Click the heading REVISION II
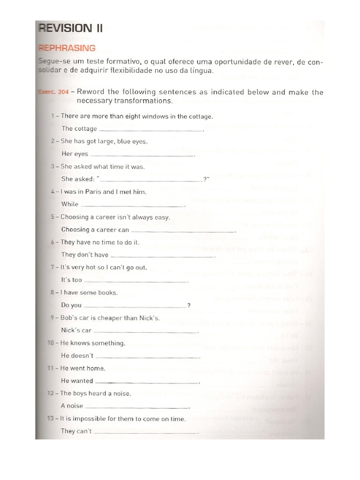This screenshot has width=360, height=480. coord(70,28)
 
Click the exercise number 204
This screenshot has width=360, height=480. coord(64,92)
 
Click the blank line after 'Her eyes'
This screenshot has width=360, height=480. coord(142,155)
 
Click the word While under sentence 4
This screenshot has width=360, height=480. coord(70,204)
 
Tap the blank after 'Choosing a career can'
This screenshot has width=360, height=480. coord(183,231)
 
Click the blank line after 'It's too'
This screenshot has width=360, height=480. coord(136,281)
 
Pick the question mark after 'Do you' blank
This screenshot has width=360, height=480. coord(189,306)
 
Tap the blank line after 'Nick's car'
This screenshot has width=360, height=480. coord(146,331)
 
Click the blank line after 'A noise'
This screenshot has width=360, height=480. coord(137,407)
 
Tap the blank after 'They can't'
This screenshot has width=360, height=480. coord(145,432)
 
